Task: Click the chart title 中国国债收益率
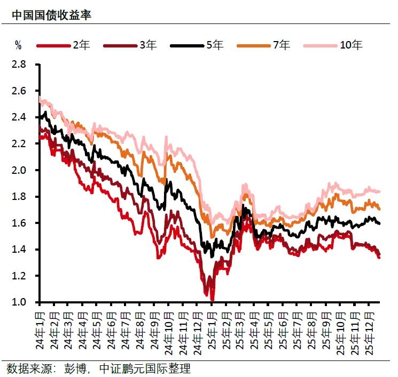(x=51, y=15)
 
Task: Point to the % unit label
(x=18, y=45)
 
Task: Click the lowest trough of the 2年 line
(x=212, y=300)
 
